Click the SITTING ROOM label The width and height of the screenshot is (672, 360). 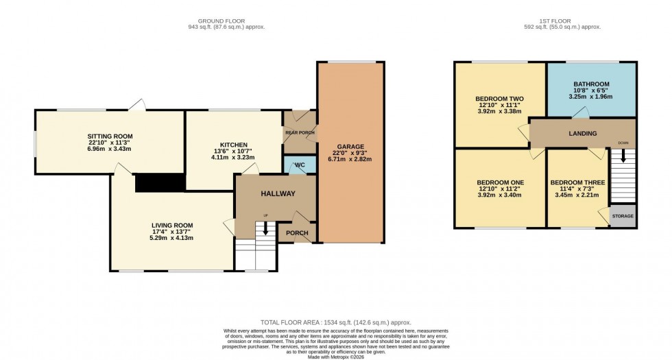110,136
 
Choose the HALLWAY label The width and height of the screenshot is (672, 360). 277,194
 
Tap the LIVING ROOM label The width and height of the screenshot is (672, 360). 172,226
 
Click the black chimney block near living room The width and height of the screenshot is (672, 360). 160,183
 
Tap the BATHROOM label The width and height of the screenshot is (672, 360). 590,84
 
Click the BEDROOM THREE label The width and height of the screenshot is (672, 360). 577,183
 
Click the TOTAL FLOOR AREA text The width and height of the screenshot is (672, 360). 335,322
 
